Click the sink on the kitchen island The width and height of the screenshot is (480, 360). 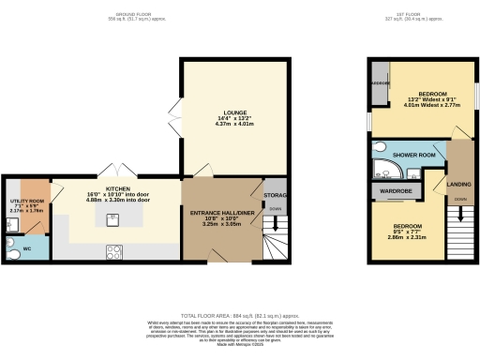112,220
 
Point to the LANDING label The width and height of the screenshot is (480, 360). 458,185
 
